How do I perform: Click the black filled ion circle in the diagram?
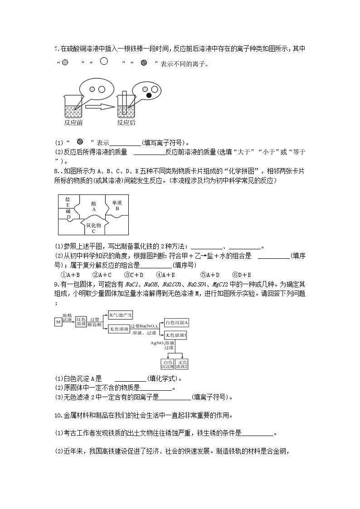(148, 96)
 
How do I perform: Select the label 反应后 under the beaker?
(126, 122)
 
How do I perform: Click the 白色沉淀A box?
(176, 322)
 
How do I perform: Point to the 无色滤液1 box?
(176, 334)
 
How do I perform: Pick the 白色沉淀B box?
(168, 364)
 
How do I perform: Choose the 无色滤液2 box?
(183, 364)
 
